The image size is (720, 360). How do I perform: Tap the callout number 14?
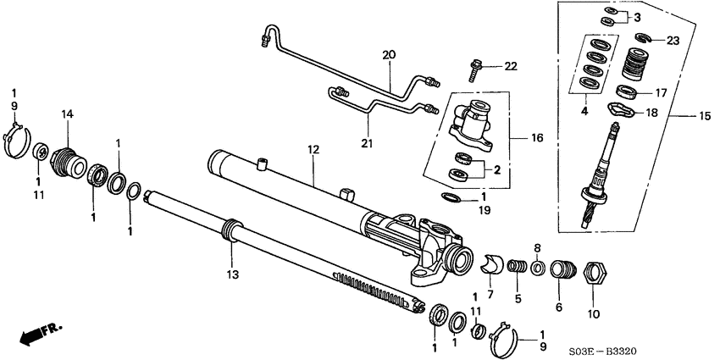click(67, 114)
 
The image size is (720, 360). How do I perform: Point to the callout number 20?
click(389, 55)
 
